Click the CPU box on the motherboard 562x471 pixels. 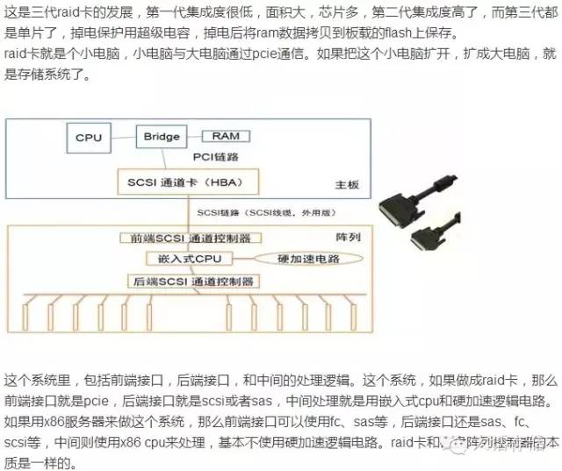[89, 138]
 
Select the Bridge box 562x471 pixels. [161, 136]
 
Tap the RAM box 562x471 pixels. [226, 136]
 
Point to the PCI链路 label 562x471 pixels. [217, 156]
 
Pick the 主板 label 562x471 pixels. [347, 185]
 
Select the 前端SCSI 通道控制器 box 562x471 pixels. [190, 238]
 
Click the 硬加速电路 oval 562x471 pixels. [307, 259]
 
